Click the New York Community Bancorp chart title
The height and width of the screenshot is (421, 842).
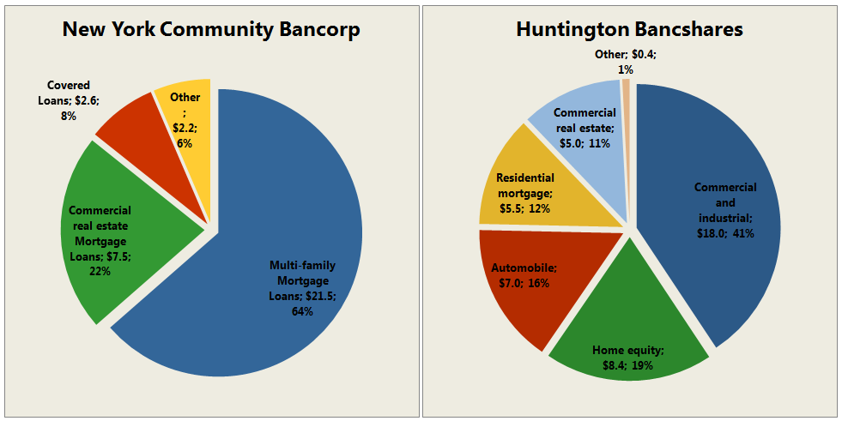point(211,29)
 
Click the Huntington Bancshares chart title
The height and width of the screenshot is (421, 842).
point(629,29)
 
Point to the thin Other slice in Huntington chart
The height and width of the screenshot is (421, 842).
point(627,85)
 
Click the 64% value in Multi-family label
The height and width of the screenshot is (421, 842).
point(302,311)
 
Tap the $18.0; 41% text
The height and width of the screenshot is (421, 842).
point(725,232)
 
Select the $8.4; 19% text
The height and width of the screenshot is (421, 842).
point(627,365)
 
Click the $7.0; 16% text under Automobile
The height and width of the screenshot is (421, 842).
point(525,282)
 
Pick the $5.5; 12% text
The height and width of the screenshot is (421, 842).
point(525,207)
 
